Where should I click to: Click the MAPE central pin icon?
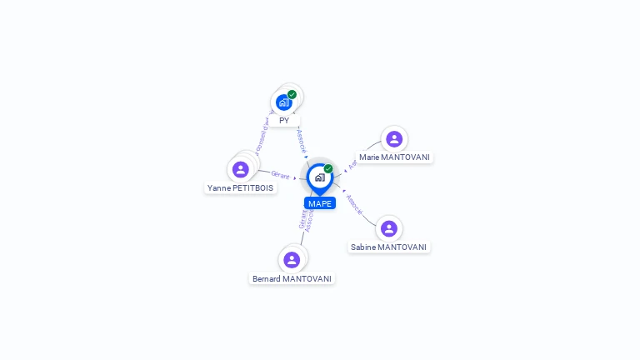319,177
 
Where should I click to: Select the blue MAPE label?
320,203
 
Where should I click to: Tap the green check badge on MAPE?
328,168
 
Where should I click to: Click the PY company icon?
283,102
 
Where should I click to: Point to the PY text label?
284,120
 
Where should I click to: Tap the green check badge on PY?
292,94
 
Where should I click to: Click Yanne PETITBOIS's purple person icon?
241,169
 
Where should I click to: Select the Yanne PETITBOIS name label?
241,188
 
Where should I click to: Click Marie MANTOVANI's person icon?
394,138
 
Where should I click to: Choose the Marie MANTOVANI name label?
395,157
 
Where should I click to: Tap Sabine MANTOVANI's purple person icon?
388,228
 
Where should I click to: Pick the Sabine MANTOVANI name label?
389,247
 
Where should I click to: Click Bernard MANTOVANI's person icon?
292,259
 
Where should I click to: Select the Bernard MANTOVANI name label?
292,278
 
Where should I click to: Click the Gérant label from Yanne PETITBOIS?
280,175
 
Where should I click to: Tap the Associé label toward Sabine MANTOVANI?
353,205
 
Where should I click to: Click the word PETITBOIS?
253,188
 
